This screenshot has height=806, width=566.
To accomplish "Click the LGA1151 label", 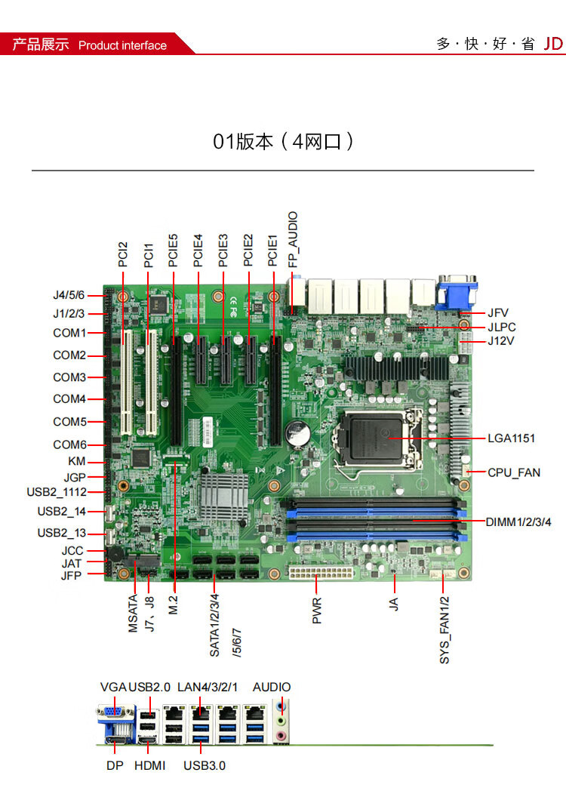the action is click(x=511, y=438).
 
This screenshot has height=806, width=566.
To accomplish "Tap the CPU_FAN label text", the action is click(x=514, y=472).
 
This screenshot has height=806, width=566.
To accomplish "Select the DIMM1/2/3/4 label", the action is click(x=518, y=522).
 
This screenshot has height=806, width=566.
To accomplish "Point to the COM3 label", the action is click(x=69, y=377).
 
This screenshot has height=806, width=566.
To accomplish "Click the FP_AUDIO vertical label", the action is click(x=293, y=239).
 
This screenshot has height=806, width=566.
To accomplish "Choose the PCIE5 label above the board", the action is click(x=174, y=251).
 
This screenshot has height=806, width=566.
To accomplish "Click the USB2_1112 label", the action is click(x=57, y=492).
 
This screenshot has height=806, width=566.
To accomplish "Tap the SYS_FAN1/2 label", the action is click(x=444, y=629).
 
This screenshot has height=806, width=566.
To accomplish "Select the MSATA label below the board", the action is click(x=133, y=614).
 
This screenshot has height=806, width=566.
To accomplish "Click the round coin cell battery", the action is click(x=297, y=433).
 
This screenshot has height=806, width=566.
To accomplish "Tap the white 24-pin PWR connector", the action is click(x=321, y=572).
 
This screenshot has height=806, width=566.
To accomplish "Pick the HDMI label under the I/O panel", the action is click(x=149, y=765).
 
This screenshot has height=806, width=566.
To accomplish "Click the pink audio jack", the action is click(x=281, y=736).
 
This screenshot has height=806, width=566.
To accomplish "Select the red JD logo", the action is click(x=554, y=44).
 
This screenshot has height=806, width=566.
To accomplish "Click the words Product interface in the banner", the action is click(x=122, y=46).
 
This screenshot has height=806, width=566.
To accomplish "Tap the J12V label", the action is click(x=500, y=341).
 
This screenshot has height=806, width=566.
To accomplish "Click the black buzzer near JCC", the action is click(x=115, y=555).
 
